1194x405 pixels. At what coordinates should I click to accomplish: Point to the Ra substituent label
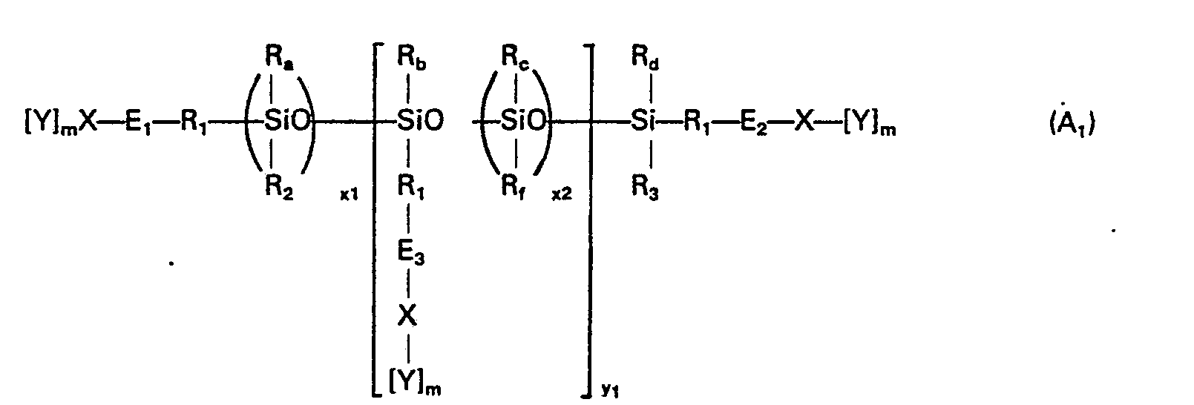(278, 56)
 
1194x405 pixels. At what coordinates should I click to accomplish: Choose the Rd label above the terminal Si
(644, 58)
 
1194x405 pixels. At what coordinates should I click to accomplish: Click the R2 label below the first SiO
(278, 190)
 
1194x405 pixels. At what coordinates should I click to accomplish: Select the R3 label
(644, 190)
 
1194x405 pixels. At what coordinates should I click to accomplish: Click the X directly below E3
(407, 317)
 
